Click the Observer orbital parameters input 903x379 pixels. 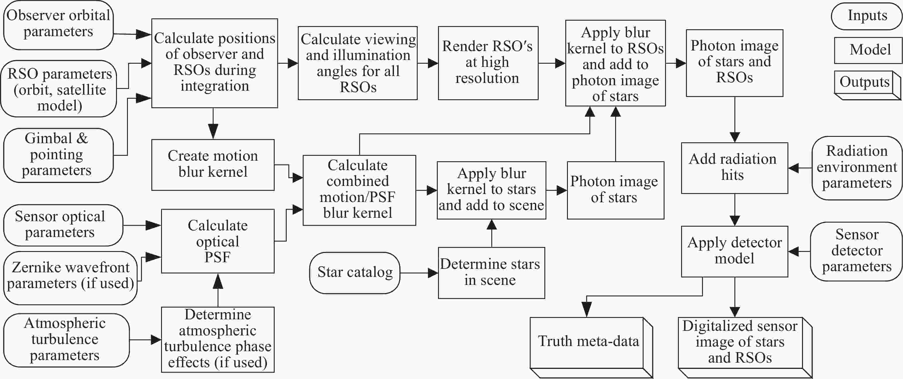(58, 25)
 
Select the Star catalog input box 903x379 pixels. (355, 273)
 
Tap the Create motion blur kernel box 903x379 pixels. (213, 165)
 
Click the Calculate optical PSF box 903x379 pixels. (218, 241)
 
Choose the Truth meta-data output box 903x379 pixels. (591, 347)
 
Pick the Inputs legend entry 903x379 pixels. (867, 16)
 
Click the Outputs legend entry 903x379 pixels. (867, 85)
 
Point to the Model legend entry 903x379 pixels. (868, 50)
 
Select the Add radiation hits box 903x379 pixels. (734, 168)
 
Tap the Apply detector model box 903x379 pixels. (734, 251)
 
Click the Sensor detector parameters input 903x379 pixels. (856, 251)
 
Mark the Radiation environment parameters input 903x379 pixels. (857, 168)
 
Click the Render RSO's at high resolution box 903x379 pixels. (488, 63)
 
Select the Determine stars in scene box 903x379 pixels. (491, 273)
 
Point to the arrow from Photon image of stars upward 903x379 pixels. (615, 134)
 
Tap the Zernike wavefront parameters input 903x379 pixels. (70, 278)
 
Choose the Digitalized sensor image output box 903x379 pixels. (745, 347)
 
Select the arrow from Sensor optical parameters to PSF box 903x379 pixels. (142, 225)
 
